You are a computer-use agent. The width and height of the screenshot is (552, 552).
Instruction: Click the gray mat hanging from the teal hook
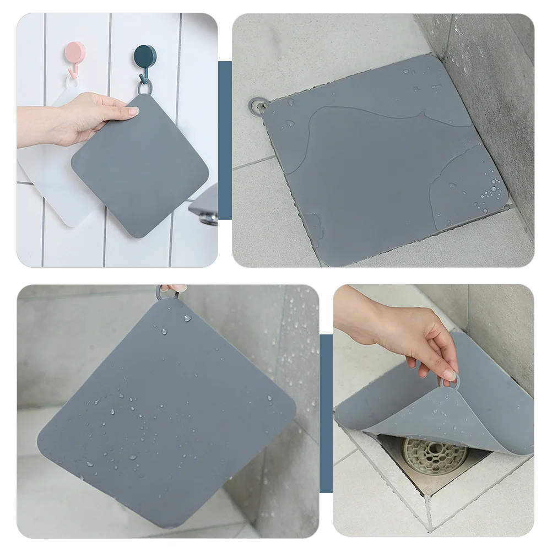point(140,165)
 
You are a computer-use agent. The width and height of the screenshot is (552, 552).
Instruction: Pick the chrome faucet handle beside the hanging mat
point(205,207)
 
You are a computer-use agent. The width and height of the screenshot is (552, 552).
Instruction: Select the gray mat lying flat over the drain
point(380,160)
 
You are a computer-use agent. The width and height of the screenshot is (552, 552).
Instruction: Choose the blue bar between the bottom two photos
point(326,413)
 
